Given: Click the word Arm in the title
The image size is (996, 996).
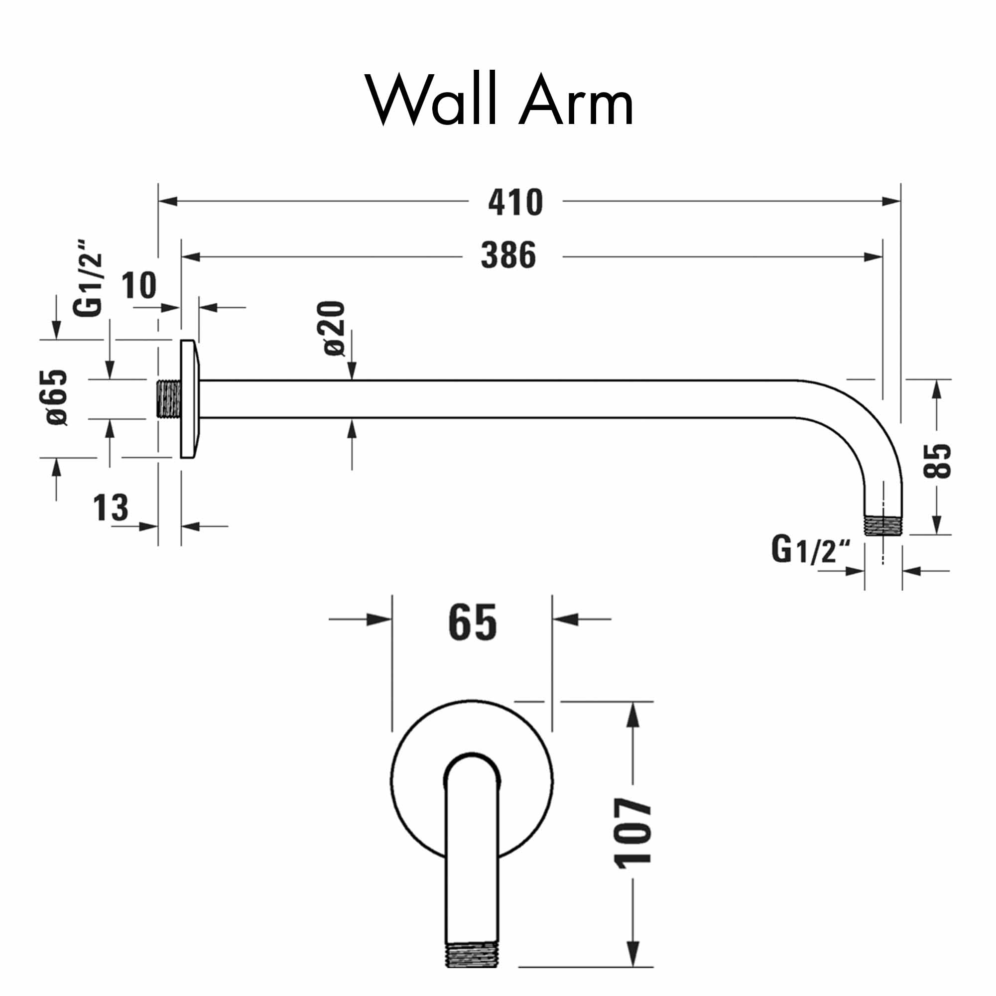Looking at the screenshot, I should coord(576,99).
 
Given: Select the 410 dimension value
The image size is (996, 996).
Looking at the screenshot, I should coord(515,202).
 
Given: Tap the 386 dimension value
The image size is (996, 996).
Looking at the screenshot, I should coord(508,255).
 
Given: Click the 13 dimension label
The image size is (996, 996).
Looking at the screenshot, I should coord(111,507).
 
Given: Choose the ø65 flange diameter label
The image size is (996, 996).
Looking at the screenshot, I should coord(57,397).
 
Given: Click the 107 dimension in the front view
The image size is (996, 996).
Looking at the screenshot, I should coord(633,832).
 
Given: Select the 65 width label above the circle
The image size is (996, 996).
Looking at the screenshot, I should coord(472,623).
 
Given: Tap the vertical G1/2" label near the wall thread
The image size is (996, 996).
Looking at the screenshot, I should coord(88,278).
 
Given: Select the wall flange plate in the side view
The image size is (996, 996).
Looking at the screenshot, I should coord(189,398).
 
